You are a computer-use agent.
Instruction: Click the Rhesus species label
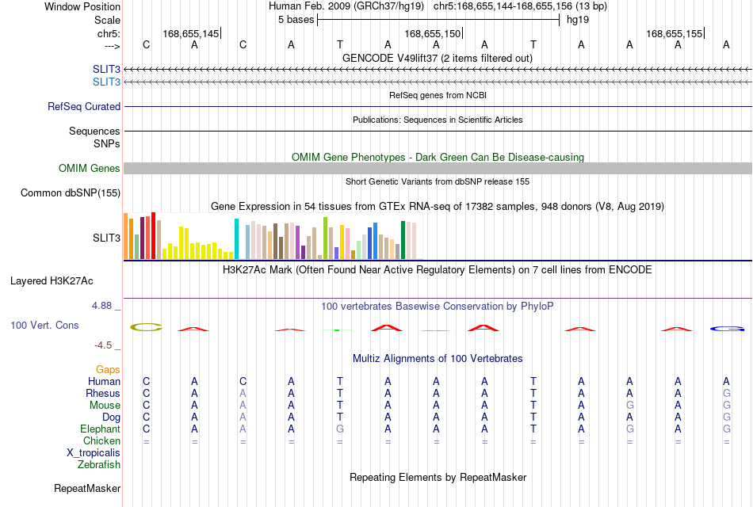point(103,393)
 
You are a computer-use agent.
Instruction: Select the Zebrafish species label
point(99,465)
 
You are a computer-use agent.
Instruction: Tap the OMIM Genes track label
point(89,168)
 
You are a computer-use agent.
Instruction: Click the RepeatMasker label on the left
point(87,488)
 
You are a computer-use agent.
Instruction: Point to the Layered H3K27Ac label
point(52,281)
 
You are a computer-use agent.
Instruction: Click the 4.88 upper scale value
point(101,306)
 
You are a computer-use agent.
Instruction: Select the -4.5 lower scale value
point(103,345)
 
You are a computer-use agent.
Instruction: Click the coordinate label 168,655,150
point(432,33)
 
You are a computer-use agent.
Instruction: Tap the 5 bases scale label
point(296,20)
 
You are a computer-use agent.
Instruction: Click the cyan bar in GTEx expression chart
point(236,238)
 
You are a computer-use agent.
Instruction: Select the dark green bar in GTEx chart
point(403,240)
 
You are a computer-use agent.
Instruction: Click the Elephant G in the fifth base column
point(339,429)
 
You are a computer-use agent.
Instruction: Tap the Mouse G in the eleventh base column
point(629,406)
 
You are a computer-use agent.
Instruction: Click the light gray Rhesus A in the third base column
point(243,393)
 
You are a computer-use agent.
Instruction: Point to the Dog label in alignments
point(111,417)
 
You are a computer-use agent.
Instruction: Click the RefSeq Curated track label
point(84,107)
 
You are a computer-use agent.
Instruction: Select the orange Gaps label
point(108,370)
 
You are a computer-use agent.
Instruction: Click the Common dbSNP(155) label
point(71,193)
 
